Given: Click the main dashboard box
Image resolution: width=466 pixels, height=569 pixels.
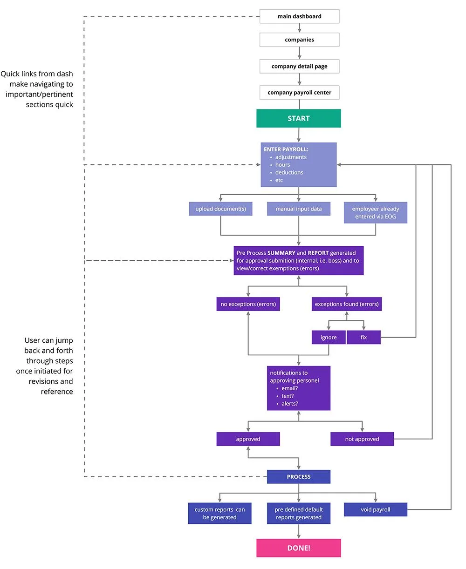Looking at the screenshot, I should click(x=299, y=16).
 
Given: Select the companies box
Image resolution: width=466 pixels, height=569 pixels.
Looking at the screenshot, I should click(x=299, y=40).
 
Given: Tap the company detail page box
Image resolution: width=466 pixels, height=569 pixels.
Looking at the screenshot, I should click(x=299, y=66).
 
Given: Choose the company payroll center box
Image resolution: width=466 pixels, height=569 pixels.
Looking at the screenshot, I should click(x=299, y=92).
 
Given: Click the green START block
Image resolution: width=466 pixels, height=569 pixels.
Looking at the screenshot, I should click(x=298, y=118).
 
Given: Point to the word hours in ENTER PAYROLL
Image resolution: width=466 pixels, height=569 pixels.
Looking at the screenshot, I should click(x=282, y=165).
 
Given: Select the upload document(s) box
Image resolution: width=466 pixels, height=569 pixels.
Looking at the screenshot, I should click(x=220, y=209).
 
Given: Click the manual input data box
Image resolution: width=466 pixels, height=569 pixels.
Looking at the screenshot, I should click(x=298, y=209).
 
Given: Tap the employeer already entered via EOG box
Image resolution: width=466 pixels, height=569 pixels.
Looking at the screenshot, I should click(x=376, y=213).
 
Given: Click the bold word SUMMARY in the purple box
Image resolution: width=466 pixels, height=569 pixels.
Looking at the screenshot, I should click(x=281, y=253).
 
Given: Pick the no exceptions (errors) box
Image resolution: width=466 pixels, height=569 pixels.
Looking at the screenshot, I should click(x=248, y=304).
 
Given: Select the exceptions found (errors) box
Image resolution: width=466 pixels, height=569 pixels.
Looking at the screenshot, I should click(x=347, y=304).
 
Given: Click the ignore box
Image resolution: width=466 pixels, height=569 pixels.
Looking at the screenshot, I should click(x=329, y=337).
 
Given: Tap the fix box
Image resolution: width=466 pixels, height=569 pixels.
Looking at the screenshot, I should click(x=363, y=337).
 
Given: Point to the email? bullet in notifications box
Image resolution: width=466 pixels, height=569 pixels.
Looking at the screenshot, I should click(x=289, y=388).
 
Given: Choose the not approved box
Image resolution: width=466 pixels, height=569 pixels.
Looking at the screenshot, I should click(x=362, y=439).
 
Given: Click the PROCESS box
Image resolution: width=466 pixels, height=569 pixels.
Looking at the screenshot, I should click(x=298, y=477).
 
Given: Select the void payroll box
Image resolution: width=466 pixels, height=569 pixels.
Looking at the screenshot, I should click(x=376, y=509).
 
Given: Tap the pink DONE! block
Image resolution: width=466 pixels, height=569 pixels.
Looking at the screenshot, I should click(x=298, y=548).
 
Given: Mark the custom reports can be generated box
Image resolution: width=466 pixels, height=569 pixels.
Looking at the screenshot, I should click(x=219, y=513).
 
